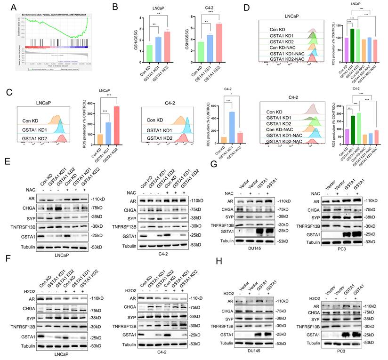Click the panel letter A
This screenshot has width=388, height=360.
(x=7, y=6)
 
